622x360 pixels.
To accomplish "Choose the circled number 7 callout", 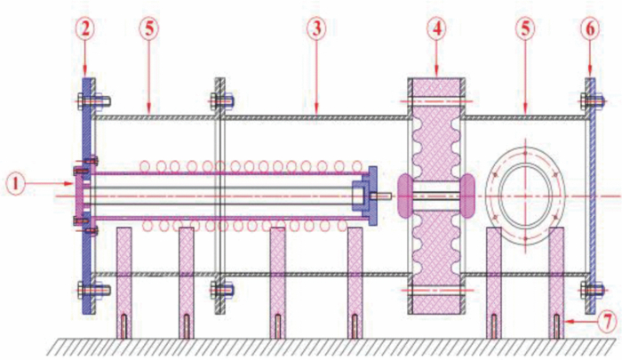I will [605, 317].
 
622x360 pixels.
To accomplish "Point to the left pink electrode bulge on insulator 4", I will [405, 194].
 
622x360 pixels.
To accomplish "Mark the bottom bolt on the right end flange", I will [588, 288].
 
